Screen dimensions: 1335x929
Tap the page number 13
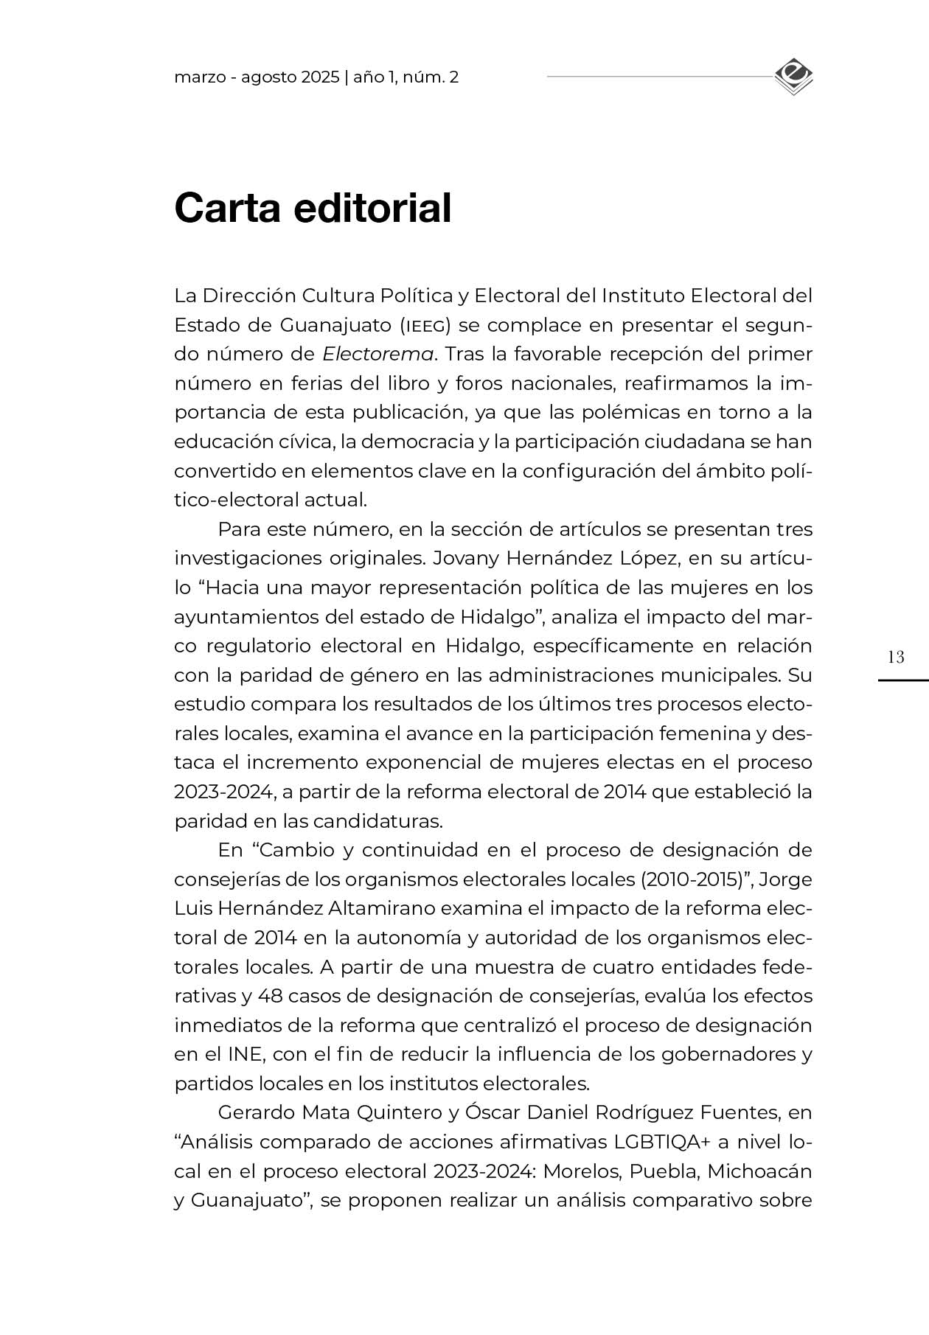896,658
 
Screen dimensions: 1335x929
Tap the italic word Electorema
377,355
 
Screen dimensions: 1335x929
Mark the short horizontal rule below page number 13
902,680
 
